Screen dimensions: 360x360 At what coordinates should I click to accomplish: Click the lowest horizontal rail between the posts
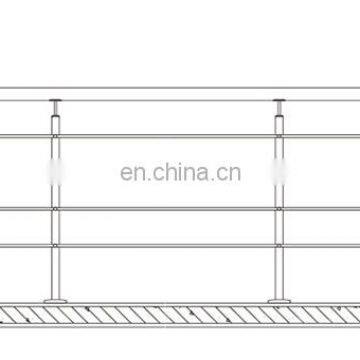(165, 246)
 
